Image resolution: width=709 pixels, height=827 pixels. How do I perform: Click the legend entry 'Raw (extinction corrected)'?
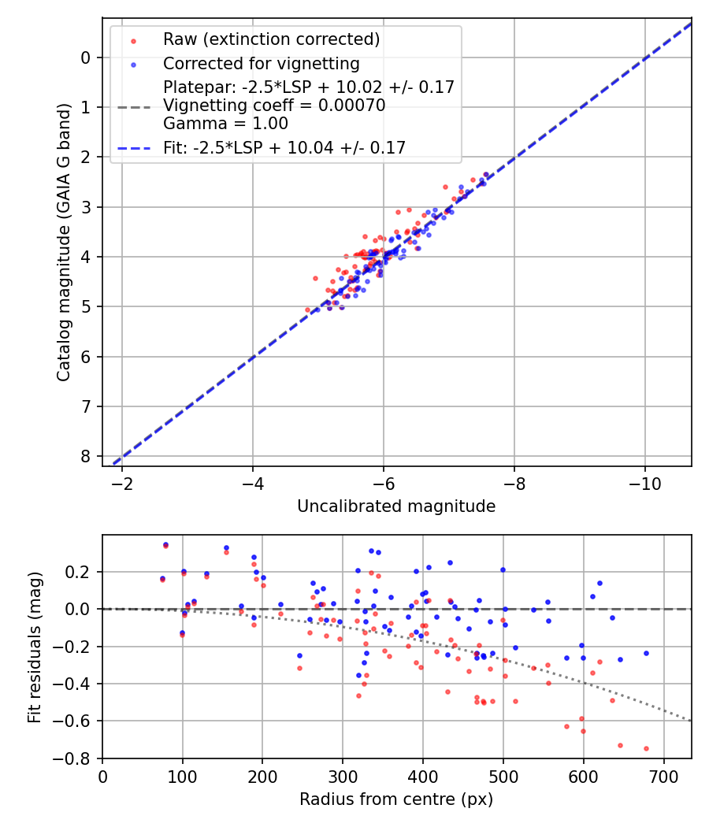271,39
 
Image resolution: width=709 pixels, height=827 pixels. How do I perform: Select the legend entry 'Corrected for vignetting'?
261,64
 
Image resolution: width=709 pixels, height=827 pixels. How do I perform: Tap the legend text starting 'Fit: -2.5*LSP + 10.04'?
284,147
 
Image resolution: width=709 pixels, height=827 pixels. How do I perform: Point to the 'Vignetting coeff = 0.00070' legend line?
274,106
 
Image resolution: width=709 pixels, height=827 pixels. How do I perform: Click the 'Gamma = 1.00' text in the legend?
225,124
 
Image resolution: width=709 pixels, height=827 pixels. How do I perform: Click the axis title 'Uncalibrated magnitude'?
396,506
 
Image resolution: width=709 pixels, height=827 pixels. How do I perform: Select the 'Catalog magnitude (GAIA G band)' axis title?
65,242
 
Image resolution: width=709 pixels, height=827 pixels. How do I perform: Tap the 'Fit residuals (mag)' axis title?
34,647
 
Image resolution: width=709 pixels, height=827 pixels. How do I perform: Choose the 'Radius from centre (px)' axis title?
396,799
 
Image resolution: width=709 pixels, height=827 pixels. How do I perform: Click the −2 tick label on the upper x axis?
122,478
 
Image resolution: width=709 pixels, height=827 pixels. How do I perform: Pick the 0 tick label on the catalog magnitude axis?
87,57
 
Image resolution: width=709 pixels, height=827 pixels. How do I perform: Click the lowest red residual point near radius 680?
646,748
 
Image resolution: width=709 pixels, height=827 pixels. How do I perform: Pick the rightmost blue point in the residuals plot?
646,653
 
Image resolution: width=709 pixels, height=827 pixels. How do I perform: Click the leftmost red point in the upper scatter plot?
308,310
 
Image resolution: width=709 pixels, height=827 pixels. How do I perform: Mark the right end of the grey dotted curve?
691,721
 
